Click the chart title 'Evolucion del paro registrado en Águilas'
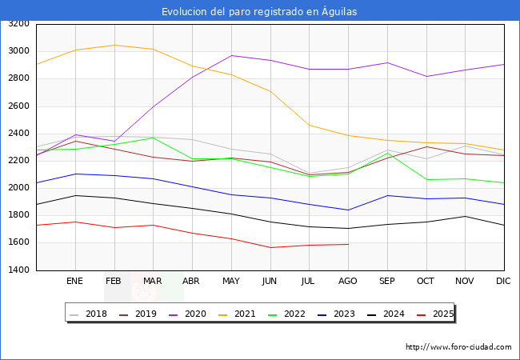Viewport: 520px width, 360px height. (x=259, y=11)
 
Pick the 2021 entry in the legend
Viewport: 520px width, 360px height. (x=246, y=314)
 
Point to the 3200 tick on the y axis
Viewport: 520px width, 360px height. (x=19, y=24)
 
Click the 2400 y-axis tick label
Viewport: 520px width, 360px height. (x=19, y=134)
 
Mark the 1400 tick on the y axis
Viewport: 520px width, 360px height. (x=19, y=270)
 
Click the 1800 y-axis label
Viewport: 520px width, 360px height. (x=19, y=216)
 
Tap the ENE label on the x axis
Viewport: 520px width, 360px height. (x=74, y=282)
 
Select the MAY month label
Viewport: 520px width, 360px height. (x=230, y=282)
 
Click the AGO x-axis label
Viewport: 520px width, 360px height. (x=347, y=282)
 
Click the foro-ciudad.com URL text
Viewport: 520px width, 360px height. (x=458, y=347)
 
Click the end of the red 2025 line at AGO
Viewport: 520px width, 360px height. (x=347, y=244)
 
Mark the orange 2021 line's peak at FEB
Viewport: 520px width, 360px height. (x=114, y=45)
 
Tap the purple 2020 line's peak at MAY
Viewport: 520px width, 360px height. (x=230, y=55)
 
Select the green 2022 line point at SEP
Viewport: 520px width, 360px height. (x=386, y=153)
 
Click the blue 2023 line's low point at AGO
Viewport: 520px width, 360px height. (x=347, y=210)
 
